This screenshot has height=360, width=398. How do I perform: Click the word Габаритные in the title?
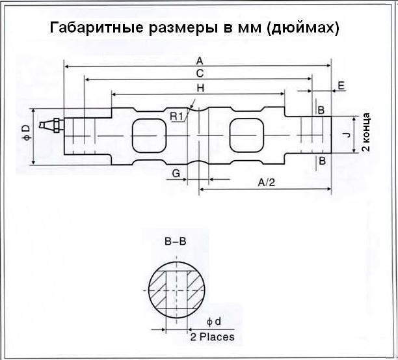click(96, 27)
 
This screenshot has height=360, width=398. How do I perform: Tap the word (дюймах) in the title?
click(303, 28)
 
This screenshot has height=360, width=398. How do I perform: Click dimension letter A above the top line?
click(200, 61)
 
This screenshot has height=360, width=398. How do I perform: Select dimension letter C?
click(200, 74)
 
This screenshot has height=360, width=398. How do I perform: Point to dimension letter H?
click(200, 88)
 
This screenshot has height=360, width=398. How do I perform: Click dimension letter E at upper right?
click(341, 86)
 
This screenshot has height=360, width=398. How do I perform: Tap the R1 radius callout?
click(176, 117)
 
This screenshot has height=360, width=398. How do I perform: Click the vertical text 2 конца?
click(365, 132)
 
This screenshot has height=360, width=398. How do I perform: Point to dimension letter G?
click(176, 174)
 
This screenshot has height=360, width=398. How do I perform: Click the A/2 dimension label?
click(266, 182)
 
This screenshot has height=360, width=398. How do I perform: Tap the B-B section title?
click(176, 241)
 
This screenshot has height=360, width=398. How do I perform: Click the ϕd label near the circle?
click(214, 322)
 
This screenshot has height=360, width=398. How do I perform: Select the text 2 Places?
click(212, 337)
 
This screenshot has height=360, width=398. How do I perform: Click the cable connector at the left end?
click(52, 125)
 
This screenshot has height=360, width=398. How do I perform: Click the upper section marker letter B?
click(321, 110)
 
